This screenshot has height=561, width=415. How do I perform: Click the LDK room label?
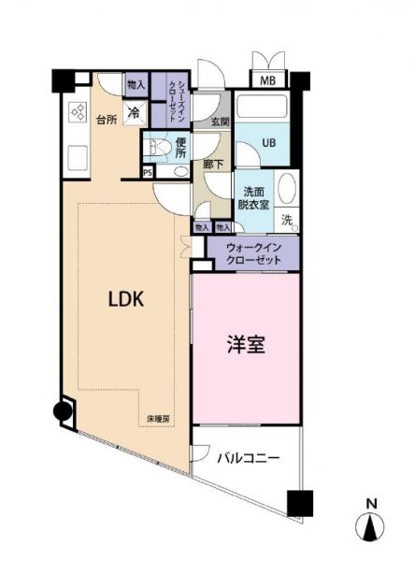pyautogui.click(x=123, y=301)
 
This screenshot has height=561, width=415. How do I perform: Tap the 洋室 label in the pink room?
pyautogui.click(x=246, y=344)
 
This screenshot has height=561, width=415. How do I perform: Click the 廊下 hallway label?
pyautogui.click(x=212, y=164)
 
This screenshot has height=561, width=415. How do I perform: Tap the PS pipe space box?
pyautogui.click(x=148, y=172)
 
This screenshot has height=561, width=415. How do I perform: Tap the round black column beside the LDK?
pyautogui.click(x=63, y=410)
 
